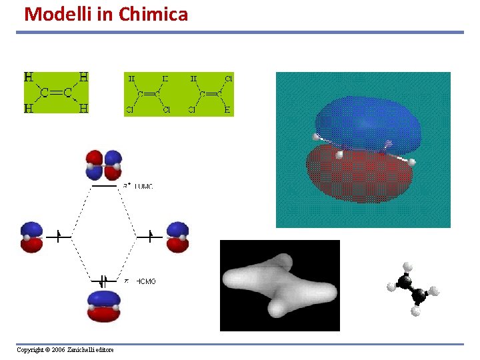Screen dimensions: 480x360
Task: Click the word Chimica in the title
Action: (x=153, y=13)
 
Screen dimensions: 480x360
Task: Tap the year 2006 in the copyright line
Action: (x=58, y=350)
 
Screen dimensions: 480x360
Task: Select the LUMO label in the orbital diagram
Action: (x=143, y=187)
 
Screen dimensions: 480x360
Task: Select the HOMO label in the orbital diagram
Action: (x=145, y=282)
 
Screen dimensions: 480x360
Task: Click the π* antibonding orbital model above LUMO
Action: (x=103, y=165)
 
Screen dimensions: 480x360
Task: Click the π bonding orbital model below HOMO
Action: (x=103, y=307)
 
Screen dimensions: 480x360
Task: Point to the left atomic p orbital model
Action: (x=31, y=237)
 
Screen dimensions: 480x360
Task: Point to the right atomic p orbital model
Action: (x=177, y=237)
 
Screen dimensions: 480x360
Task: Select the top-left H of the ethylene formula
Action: (x=29, y=77)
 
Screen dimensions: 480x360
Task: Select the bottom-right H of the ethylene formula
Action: (x=83, y=108)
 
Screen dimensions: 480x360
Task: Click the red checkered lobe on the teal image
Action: (x=360, y=175)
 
